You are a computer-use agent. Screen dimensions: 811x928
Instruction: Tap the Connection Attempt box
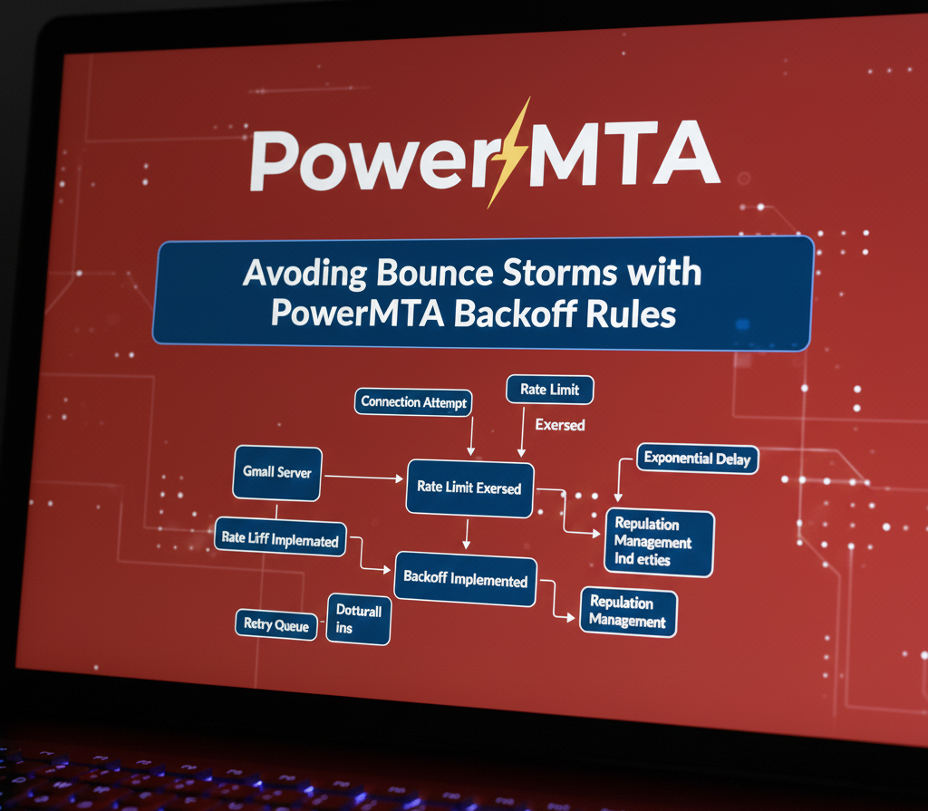pyautogui.click(x=413, y=402)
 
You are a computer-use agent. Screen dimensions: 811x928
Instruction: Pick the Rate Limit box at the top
pyautogui.click(x=549, y=390)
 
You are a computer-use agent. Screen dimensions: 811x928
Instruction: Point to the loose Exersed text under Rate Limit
pyautogui.click(x=559, y=424)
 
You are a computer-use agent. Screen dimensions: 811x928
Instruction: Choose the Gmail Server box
pyautogui.click(x=276, y=472)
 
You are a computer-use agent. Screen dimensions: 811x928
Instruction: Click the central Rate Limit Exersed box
pyautogui.click(x=469, y=488)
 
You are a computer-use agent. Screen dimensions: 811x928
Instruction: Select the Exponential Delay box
pyautogui.click(x=697, y=459)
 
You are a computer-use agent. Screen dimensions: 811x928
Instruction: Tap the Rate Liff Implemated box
pyautogui.click(x=280, y=539)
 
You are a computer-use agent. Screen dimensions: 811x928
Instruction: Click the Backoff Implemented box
pyautogui.click(x=466, y=580)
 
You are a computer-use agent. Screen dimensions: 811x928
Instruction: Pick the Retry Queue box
pyautogui.click(x=276, y=625)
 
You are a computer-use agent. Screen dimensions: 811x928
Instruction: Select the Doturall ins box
pyautogui.click(x=358, y=619)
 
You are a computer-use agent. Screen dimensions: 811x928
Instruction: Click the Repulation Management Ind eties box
pyautogui.click(x=659, y=542)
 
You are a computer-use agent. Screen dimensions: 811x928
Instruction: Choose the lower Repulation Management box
pyautogui.click(x=627, y=612)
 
